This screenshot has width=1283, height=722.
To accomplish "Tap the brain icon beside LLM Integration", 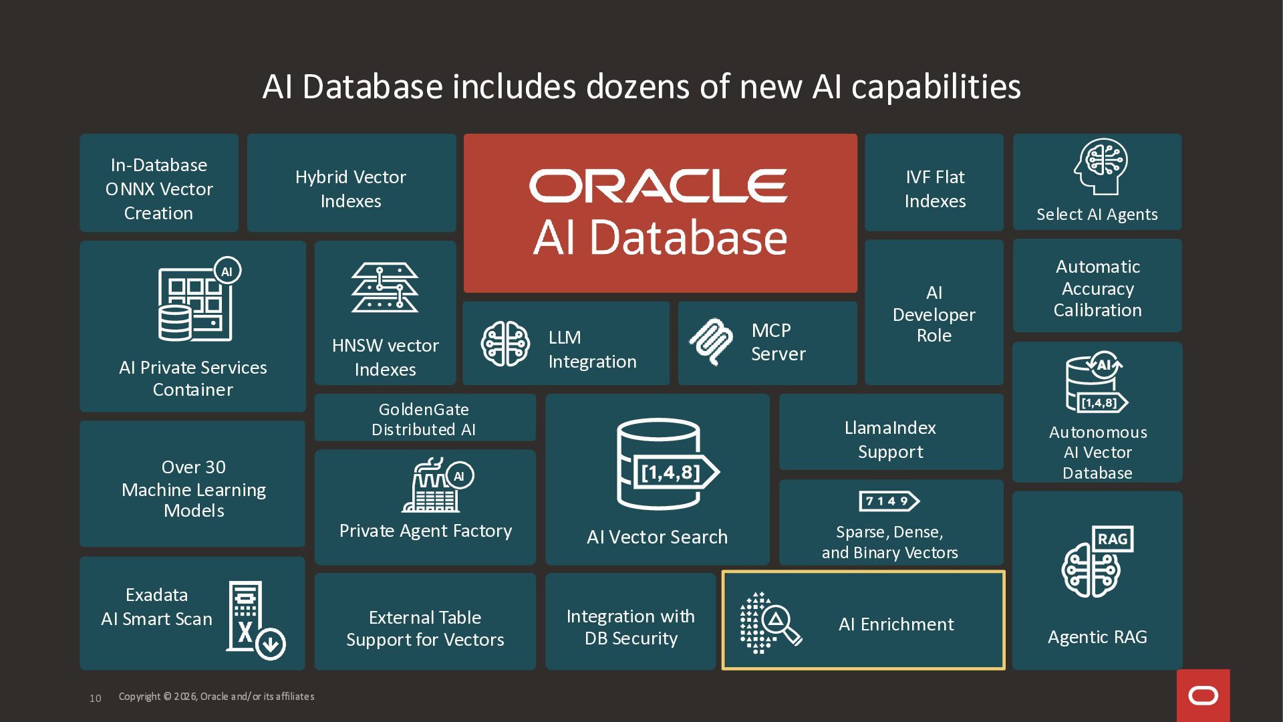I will [505, 344].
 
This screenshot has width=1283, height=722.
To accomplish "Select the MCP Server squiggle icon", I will [710, 342].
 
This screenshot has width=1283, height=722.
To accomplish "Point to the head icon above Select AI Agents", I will [1100, 166].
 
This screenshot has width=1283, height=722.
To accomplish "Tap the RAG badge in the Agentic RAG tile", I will [1112, 539].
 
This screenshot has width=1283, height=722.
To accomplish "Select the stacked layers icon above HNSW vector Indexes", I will [385, 287].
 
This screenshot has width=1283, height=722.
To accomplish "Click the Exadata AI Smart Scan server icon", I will [255, 620].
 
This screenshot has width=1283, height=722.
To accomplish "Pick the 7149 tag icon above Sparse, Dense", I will [889, 501].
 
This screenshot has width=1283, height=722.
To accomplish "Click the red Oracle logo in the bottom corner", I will [1203, 695].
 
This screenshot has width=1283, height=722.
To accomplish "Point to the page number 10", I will [96, 698].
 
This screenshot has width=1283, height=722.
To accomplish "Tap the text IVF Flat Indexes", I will [935, 189].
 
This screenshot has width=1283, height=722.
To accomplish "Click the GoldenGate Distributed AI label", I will [424, 419].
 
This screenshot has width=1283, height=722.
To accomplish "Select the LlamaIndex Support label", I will [890, 439].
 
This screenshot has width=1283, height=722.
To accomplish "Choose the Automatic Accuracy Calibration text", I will [1097, 288].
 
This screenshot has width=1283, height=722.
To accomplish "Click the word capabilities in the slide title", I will [936, 87].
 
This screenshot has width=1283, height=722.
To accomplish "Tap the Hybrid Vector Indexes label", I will [351, 189].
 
